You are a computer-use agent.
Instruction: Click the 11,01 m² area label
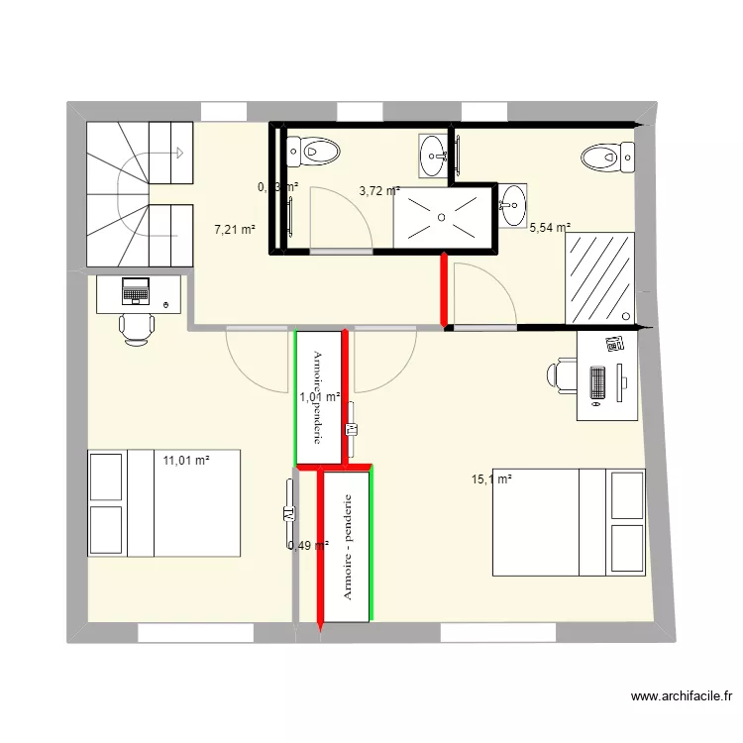[187, 460]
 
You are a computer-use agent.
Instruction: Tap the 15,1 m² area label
[491, 479]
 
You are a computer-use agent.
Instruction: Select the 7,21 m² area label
[235, 230]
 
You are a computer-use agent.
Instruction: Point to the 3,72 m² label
[379, 191]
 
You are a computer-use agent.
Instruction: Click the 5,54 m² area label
[550, 228]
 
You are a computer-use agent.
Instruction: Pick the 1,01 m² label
[320, 397]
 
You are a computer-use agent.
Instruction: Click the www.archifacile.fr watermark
[679, 697]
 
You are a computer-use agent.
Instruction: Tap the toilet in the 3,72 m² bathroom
[314, 153]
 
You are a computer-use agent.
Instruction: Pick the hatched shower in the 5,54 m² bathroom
[599, 277]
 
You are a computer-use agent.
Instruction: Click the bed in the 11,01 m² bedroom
[164, 502]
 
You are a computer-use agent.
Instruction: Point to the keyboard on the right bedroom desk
[597, 382]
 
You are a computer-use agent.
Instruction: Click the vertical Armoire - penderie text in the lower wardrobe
[348, 546]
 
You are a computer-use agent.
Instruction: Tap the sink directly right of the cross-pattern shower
[511, 205]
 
